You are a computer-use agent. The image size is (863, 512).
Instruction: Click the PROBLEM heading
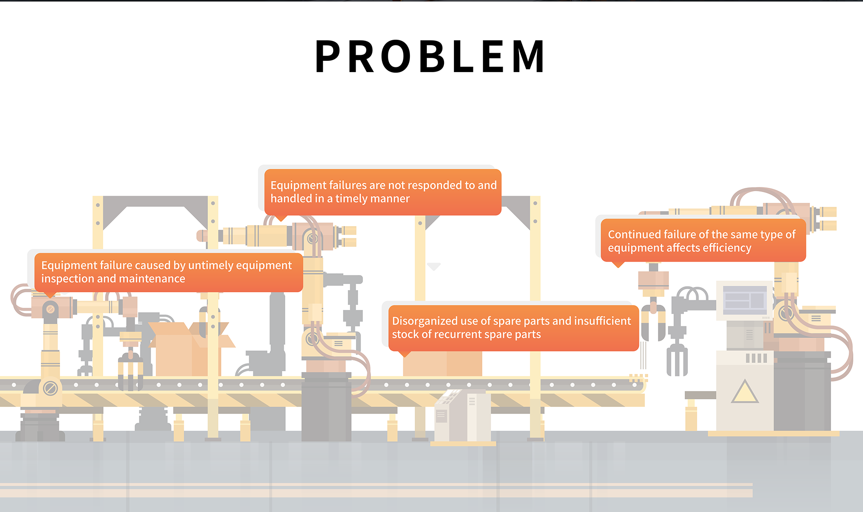tap(431, 57)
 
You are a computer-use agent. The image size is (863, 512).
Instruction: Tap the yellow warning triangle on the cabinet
tap(744, 392)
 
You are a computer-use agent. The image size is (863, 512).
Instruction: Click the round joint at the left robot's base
tap(50, 389)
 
